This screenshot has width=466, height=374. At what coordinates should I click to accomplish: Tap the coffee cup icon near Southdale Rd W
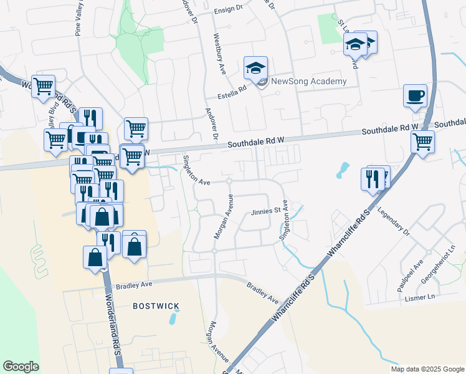coord(415,97)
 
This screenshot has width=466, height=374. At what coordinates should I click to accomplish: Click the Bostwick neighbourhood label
coord(156,306)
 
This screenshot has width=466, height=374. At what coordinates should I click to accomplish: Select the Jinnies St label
coord(264,212)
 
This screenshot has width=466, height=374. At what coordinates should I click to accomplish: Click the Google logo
coord(21,367)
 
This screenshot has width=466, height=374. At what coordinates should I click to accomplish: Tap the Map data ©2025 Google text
coord(427,369)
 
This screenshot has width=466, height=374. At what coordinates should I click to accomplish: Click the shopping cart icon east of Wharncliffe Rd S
coord(423,141)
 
